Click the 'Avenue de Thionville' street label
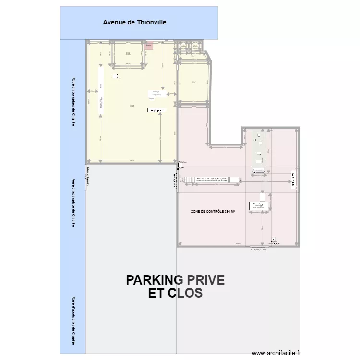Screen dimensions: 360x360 [134, 22]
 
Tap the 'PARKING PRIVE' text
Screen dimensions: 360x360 [175, 280]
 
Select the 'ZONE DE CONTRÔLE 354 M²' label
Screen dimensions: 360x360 [213, 212]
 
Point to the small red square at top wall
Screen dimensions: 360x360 [149, 46]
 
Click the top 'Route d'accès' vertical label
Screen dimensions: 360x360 [73, 102]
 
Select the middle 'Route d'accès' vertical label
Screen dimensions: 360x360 [73, 202]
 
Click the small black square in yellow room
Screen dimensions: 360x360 [115, 76]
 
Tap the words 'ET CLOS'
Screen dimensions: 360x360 [175, 293]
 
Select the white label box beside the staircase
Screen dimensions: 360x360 [211, 180]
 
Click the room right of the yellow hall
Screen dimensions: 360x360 [193, 82]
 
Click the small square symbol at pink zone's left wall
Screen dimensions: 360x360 [180, 165]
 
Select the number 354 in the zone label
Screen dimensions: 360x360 [227, 212]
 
